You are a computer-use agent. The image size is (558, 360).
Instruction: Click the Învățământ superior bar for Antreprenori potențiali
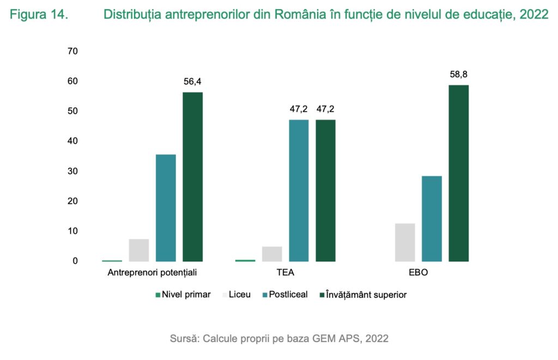[192, 177]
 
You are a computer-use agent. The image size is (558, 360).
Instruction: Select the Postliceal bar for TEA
[299, 191]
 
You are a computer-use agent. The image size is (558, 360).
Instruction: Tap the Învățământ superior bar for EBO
[458, 173]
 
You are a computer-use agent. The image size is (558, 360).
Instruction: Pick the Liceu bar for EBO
[405, 242]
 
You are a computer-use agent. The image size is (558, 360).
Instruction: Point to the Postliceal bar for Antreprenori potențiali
[166, 208]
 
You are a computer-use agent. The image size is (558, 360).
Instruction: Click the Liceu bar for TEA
[272, 254]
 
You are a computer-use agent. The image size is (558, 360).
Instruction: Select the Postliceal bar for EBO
[432, 218]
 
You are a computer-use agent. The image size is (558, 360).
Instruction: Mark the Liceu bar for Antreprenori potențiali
[139, 250]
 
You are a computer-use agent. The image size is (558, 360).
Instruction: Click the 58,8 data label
[459, 75]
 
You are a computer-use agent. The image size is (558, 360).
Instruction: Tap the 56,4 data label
[193, 82]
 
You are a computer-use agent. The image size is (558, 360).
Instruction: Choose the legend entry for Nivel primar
[183, 295]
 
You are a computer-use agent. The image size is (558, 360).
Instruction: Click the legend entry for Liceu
[236, 295]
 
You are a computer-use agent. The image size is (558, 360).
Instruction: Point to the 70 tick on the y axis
[72, 51]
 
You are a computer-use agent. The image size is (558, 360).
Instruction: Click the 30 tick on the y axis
[72, 171]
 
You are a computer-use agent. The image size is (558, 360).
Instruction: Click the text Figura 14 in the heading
[39, 15]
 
